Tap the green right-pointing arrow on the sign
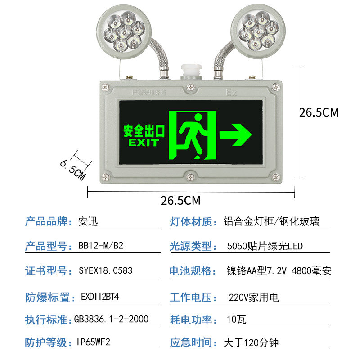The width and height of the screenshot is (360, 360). point(235,134)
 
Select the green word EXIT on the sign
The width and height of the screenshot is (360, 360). point(144,143)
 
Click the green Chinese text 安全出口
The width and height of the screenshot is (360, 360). point(144,131)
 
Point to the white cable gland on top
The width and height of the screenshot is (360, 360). point(190,72)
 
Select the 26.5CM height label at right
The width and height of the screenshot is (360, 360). point(319,112)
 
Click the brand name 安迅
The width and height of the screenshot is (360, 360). point(88,221)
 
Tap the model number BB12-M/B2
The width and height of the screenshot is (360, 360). point(101,246)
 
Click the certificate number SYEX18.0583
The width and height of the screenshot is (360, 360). point(106,271)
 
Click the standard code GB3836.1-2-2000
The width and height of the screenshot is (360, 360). point(111,319)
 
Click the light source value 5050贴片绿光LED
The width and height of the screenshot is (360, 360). point(265,246)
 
